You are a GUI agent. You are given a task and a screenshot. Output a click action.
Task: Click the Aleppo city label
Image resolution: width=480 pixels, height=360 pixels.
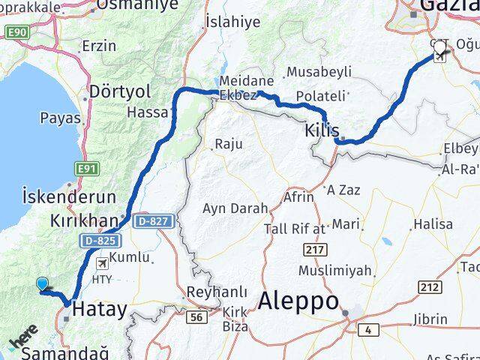[298, 301]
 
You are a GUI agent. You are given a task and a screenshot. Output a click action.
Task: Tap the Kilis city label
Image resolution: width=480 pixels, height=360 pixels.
[322, 130]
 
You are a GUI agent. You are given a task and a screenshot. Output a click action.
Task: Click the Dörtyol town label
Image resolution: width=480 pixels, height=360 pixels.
[119, 91]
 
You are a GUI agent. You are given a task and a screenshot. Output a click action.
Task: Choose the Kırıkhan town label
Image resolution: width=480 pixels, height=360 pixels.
[85, 221]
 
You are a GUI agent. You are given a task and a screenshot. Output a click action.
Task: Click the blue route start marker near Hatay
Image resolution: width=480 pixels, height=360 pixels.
[42, 283]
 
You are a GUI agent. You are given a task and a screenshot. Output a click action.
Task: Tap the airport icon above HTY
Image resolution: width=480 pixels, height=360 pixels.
[102, 263]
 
